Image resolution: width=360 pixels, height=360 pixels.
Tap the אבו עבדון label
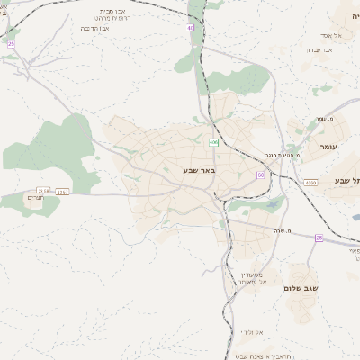[x=319, y=49]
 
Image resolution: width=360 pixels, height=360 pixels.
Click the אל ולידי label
[x=253, y=332]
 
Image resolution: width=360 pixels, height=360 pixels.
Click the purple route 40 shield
[x=191, y=28]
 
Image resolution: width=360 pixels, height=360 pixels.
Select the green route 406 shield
[x=214, y=143]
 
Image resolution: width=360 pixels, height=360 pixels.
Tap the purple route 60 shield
[x=260, y=175]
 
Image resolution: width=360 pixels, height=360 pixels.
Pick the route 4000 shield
[x=310, y=183]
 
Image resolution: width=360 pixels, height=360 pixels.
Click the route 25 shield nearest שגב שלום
[x=319, y=238]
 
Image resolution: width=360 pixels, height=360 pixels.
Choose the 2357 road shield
[x=63, y=192]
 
